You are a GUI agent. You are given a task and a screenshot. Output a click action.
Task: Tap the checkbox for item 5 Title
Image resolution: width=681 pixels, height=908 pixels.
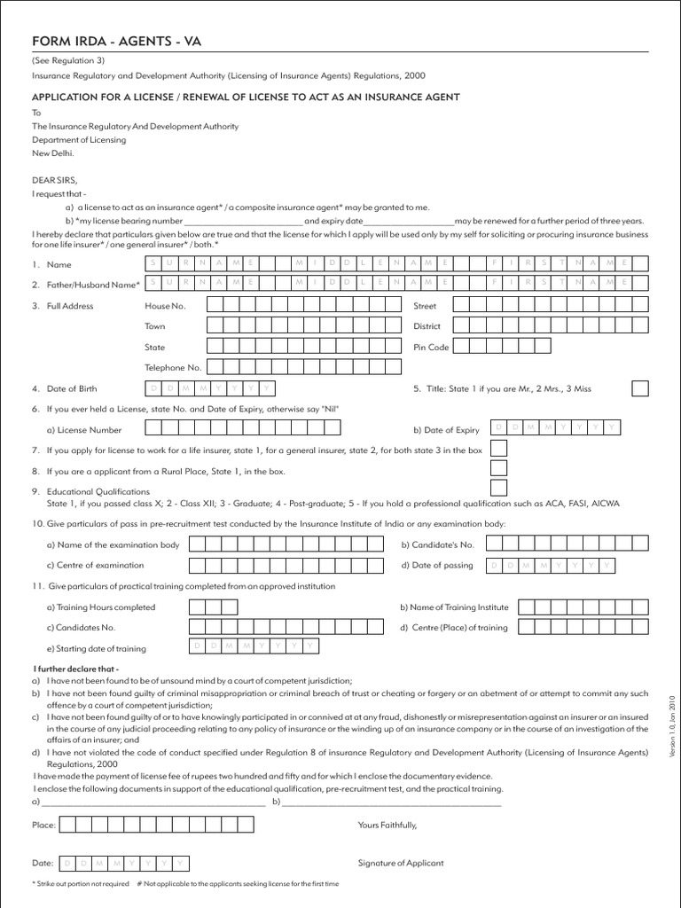pos(639,388)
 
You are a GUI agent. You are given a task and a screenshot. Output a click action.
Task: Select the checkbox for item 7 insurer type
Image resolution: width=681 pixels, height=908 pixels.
pos(499,450)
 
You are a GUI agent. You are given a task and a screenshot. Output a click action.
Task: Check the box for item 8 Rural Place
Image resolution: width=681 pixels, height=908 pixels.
pos(499,469)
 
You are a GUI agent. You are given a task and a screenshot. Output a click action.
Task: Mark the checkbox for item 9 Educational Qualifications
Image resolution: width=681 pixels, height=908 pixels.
pos(499,488)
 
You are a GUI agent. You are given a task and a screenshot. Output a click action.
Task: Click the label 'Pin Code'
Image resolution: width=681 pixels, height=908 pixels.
pos(431,348)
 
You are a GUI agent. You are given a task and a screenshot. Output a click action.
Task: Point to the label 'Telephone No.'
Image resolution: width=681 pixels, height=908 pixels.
pos(173,367)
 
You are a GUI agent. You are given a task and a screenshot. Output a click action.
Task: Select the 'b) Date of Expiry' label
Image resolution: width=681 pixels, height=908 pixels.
pos(446,430)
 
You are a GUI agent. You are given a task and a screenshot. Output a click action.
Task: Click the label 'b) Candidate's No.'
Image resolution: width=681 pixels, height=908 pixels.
pos(437,544)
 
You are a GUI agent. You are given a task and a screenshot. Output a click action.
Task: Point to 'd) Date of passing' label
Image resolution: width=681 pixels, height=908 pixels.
pos(436,565)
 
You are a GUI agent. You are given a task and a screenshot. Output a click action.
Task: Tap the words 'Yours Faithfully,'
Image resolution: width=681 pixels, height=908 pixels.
pos(387,825)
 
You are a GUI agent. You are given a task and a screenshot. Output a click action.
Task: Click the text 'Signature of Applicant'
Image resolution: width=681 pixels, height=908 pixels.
pos(400,863)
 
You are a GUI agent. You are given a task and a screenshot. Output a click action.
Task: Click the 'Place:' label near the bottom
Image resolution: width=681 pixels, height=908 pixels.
pos(43,825)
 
